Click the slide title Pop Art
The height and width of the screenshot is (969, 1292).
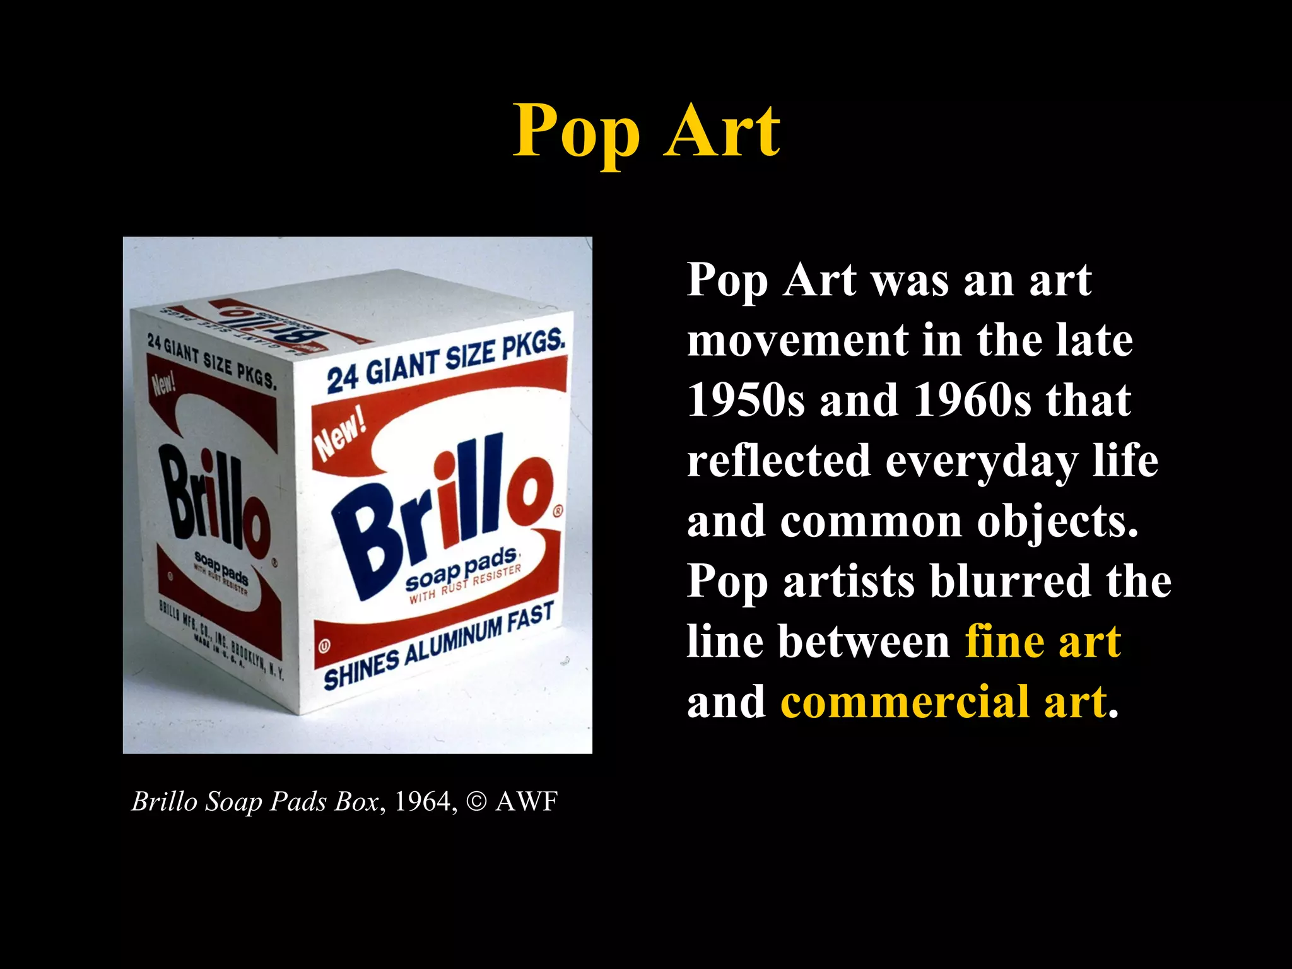(x=646, y=131)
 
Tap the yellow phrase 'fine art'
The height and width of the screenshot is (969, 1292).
(x=1043, y=642)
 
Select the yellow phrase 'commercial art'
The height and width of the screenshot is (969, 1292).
(x=944, y=702)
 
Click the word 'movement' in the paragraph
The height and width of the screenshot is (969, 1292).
(x=796, y=341)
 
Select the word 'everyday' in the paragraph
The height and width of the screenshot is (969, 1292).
(x=981, y=461)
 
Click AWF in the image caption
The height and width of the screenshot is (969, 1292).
(x=527, y=802)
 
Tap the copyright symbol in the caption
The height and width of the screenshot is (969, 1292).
(x=477, y=802)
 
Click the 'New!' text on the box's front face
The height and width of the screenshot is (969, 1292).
(x=341, y=435)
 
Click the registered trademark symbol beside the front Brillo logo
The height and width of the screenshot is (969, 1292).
(x=558, y=512)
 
